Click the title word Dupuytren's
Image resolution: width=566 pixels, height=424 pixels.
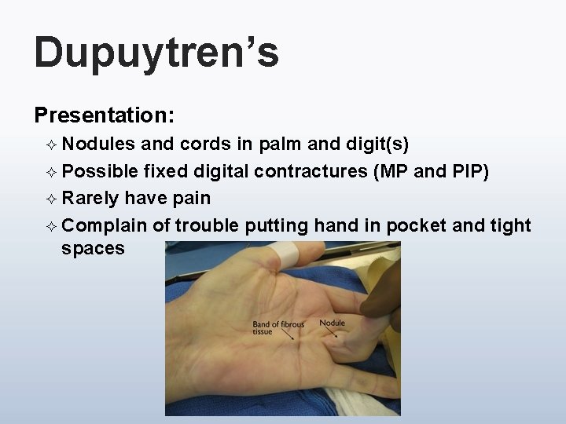click(x=156, y=53)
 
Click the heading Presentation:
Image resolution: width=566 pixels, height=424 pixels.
click(x=105, y=115)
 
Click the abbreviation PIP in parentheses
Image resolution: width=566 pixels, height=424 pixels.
click(x=469, y=171)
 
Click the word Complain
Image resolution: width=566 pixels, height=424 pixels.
click(x=104, y=225)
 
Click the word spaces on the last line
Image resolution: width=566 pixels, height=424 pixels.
click(x=93, y=249)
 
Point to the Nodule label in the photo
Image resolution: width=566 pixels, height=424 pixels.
click(x=332, y=323)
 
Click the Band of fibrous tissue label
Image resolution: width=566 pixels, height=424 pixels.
click(x=277, y=328)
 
